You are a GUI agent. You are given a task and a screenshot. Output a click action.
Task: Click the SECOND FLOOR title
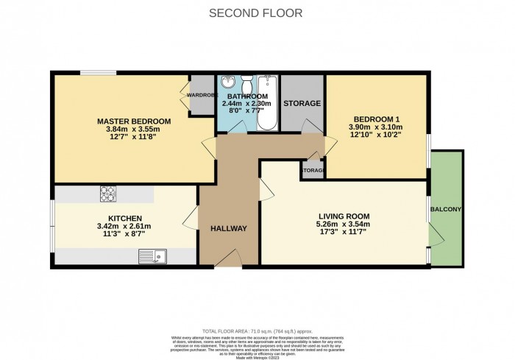coord(256,13)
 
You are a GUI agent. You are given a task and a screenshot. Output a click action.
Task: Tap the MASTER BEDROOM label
coord(134,121)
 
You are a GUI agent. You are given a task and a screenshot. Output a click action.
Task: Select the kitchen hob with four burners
coord(109,194)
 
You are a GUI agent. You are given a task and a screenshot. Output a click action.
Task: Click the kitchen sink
coord(154,256)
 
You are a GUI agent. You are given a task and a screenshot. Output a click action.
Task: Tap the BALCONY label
coord(447,210)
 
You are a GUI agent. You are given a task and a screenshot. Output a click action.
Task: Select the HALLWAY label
coord(228,228)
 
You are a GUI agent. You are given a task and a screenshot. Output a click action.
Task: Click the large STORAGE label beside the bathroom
coord(302,104)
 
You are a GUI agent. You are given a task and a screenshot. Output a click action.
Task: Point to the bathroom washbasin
coord(227,82)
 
